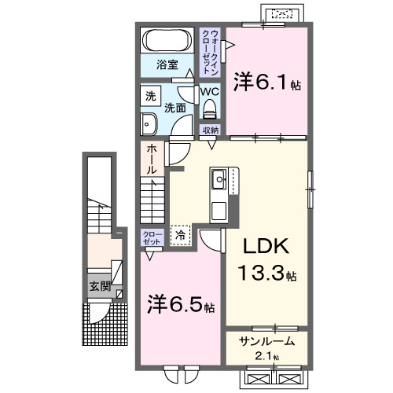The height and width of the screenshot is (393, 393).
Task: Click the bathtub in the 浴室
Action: pyautogui.click(x=166, y=39)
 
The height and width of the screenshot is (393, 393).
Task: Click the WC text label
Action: pyautogui.click(x=208, y=91)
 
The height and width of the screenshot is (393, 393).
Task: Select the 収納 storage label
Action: pyautogui.click(x=210, y=130)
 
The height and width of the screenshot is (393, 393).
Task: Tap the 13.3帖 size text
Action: pyautogui.click(x=267, y=274)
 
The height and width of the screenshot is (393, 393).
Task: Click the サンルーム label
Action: pyautogui.click(x=268, y=340)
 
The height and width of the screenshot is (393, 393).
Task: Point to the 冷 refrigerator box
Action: pyautogui.click(x=180, y=234)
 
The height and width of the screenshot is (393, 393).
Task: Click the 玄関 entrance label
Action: pyautogui.click(x=97, y=286)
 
